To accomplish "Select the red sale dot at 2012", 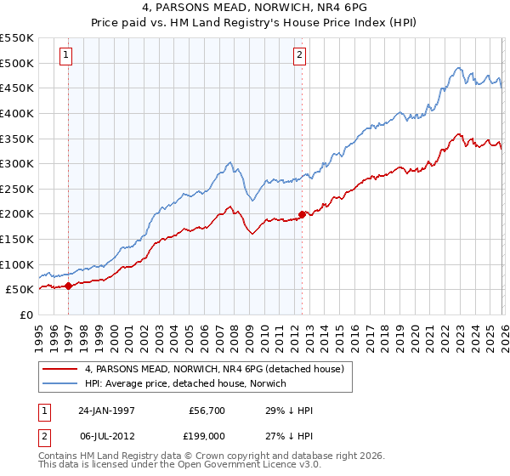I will pos(302,214).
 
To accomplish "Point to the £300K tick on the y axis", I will pos(17,163).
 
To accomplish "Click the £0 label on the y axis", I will pos(25,314).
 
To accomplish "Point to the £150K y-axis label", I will pos(17,239).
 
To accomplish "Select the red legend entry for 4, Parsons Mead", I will pos(213,369).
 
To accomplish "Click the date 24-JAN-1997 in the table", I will pos(108,411).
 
